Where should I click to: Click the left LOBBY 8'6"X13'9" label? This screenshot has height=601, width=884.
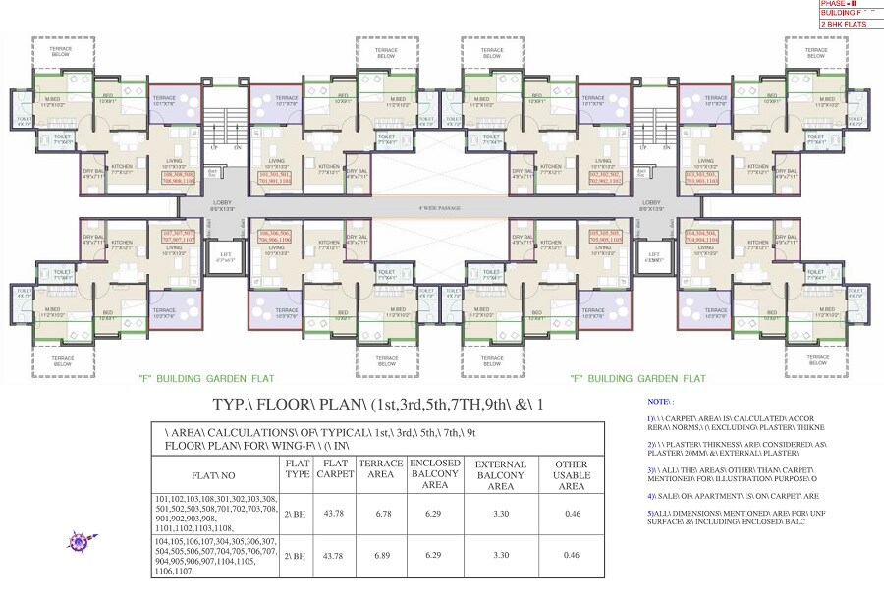pos(223,206)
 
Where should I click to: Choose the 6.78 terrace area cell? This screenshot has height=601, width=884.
pos(380,512)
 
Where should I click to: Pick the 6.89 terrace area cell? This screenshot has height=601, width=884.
pos(380,555)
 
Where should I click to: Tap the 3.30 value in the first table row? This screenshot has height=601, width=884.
pos(500,512)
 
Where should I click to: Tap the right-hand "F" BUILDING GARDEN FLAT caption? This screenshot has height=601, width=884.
pos(637,378)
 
